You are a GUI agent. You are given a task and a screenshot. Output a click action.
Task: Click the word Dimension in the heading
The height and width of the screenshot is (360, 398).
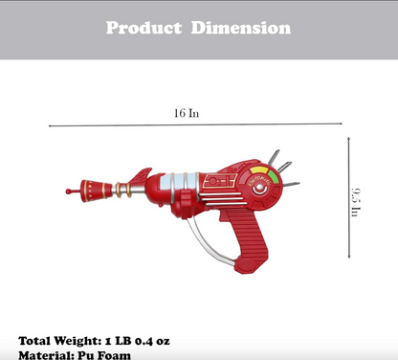(243, 28)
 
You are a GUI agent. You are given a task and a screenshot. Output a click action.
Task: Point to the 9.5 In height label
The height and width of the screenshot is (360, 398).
(355, 202)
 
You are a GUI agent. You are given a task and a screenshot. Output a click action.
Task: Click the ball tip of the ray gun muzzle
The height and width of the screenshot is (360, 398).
(68, 191)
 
